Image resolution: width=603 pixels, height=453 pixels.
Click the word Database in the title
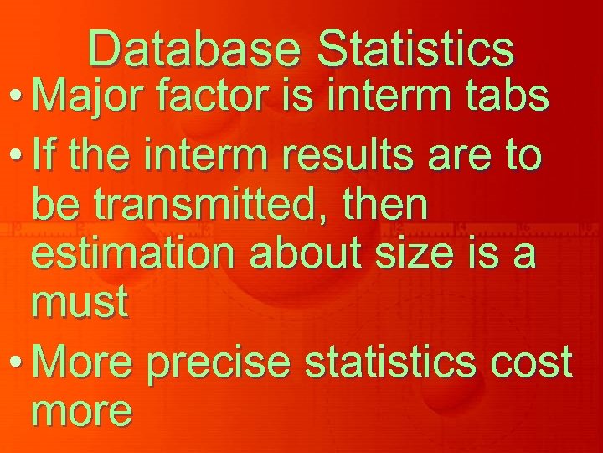[193, 48]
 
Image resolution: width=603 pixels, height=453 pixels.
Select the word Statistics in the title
[415, 48]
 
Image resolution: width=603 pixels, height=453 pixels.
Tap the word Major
[89, 98]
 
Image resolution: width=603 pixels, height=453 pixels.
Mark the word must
[80, 303]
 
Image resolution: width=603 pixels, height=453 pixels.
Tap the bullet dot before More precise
[18, 363]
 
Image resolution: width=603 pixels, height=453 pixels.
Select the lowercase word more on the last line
[82, 410]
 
